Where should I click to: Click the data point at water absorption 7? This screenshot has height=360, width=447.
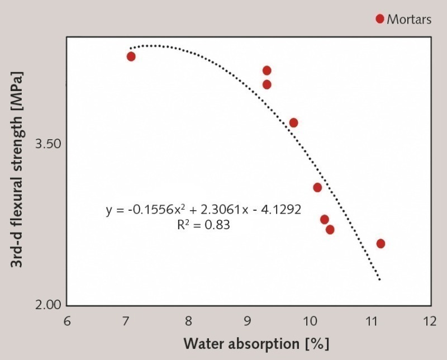[131, 56]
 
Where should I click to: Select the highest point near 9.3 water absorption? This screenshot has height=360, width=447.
[267, 70]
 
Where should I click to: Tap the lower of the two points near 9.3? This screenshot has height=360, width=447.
[267, 84]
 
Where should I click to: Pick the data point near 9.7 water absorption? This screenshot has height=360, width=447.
[293, 122]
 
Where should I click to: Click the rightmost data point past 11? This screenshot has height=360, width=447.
[381, 243]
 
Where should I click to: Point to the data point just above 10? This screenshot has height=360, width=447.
[317, 187]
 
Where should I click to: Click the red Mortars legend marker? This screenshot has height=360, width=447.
[380, 19]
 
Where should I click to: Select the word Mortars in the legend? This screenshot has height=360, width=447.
[409, 20]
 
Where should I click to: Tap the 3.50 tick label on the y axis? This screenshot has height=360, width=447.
[47, 144]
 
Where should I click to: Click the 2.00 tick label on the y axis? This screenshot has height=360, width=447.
[47, 306]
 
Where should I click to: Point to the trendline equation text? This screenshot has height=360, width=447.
[203, 210]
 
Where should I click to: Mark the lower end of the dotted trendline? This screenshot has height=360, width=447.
[380, 279]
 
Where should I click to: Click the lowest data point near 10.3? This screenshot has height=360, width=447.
[330, 229]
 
